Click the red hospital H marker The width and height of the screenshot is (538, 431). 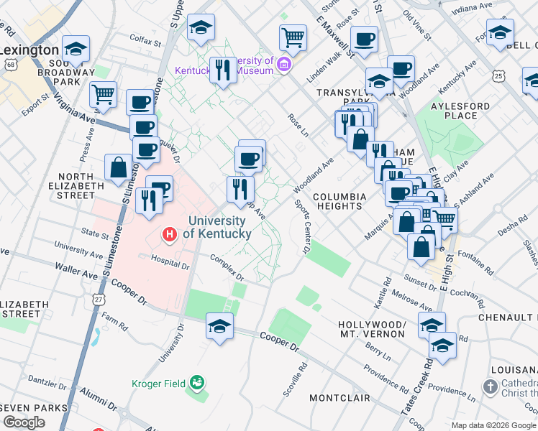(x=170, y=233)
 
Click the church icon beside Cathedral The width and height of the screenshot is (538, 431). (x=491, y=388)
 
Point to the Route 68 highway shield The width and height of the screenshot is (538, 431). (x=10, y=65)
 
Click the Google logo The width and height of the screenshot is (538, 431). (x=24, y=422)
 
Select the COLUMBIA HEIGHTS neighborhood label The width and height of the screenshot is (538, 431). (x=340, y=201)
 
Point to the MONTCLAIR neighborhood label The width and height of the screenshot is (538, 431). (x=339, y=397)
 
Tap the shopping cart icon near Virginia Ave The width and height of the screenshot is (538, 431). (x=104, y=94)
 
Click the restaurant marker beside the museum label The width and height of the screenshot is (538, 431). (x=224, y=70)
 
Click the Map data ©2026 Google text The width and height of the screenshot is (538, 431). (x=493, y=425)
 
